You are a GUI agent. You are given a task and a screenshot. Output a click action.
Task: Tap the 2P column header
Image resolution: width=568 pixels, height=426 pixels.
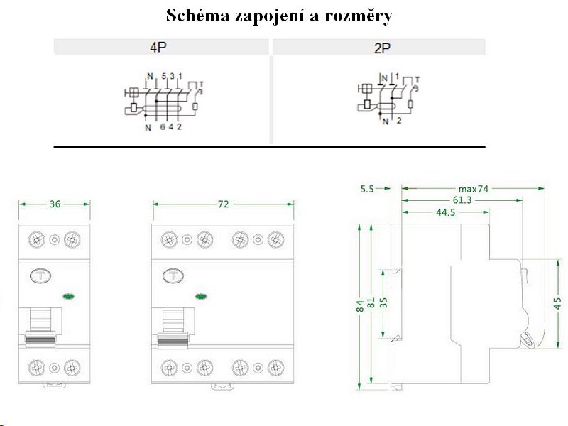coord(382,48)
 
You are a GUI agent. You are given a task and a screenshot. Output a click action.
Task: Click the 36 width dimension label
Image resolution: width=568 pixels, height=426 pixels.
coord(55,204)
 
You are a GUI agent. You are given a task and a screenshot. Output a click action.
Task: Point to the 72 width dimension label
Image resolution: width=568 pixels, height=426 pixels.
coord(223,204)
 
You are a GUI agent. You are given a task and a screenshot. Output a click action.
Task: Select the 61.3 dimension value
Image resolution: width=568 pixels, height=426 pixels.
coord(461,201)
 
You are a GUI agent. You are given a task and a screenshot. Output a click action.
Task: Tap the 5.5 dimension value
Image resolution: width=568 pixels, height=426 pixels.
coord(367,189)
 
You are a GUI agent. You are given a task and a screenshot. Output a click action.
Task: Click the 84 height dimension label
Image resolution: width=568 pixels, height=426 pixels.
coord(360,305)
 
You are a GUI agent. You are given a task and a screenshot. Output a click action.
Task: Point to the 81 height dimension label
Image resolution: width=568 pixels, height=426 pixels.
coord(371,305)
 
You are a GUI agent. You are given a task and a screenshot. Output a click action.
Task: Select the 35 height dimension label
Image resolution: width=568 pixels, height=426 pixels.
coord(384,302)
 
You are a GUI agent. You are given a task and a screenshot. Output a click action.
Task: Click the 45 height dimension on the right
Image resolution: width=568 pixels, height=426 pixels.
coord(558,302)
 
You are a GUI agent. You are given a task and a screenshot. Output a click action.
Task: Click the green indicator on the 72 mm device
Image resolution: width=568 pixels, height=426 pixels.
coord(201,297)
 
